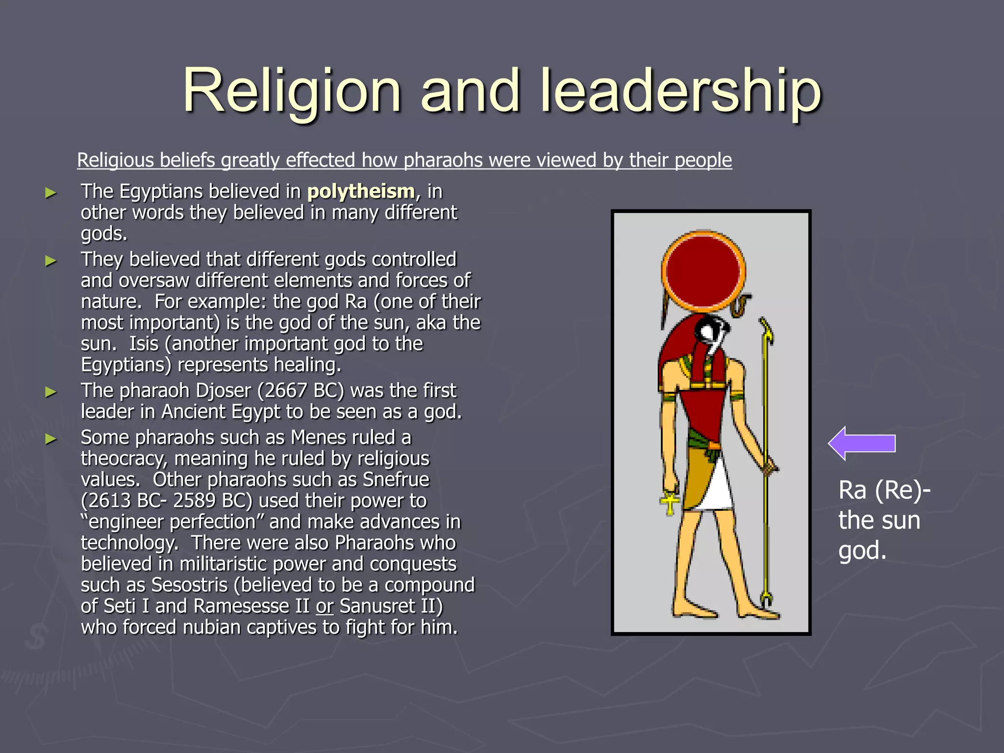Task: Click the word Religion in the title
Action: pos(292,91)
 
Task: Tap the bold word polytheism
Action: pos(361,192)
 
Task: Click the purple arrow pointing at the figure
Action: pos(862,443)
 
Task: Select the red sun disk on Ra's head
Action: pos(703,271)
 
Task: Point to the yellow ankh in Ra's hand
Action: pos(669,503)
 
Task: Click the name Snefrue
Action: pos(396,479)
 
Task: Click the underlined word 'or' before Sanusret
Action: pos(325,606)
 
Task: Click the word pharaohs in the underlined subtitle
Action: pos(443,160)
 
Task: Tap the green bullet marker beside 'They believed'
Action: pos(50,261)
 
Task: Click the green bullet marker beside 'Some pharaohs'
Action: pos(50,439)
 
